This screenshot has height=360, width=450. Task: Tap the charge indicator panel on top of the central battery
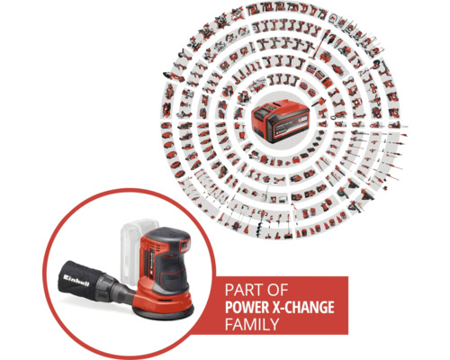tap(275, 108)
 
